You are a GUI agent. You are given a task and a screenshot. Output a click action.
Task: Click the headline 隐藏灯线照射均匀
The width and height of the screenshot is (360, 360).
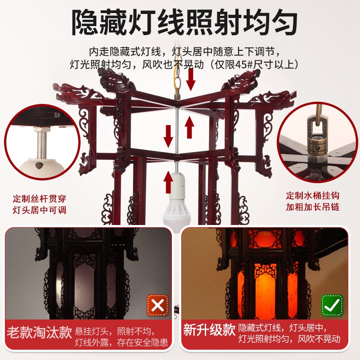[x=180, y=21]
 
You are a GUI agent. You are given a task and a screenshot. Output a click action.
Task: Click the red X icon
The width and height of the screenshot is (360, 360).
[x=157, y=306]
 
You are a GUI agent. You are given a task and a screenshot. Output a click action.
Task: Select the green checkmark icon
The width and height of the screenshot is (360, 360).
[x=332, y=306]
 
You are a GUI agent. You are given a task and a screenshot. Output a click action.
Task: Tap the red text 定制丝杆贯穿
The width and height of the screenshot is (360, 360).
[x=40, y=198]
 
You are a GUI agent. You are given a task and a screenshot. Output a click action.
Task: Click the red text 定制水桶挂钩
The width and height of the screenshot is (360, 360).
[x=315, y=196]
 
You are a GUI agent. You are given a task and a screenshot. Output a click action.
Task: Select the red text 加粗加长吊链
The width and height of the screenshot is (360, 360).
[x=315, y=207]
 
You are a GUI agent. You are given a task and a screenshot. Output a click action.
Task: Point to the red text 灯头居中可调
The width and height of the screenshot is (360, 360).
[x=40, y=210]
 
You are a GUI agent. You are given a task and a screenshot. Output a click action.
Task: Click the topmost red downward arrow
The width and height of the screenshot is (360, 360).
[x=191, y=79]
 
